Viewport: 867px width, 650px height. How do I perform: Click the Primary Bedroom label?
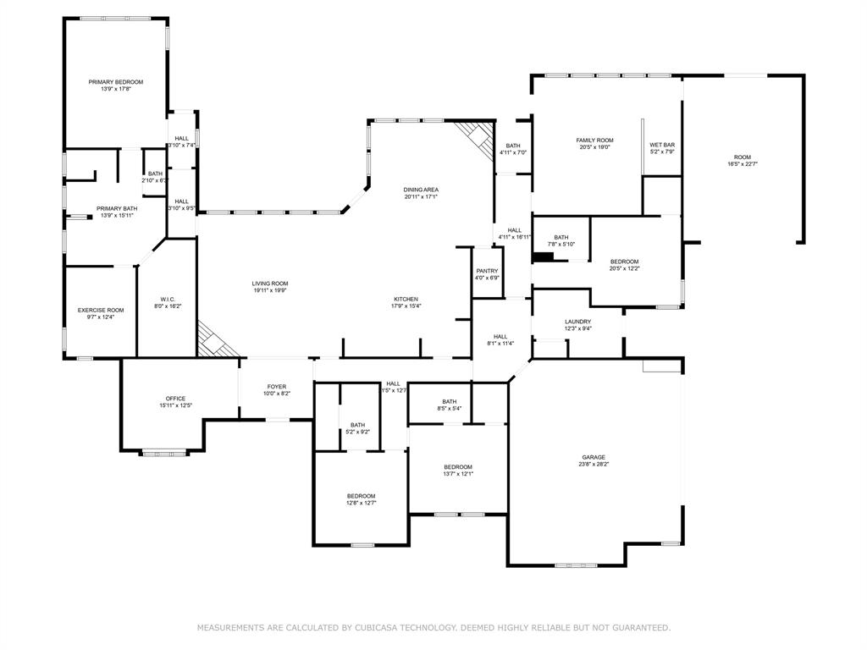[116, 82]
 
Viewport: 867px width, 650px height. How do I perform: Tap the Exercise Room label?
[101, 310]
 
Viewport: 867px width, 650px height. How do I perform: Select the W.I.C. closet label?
[167, 299]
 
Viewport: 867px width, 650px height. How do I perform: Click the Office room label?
[175, 399]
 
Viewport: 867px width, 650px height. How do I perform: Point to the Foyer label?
[277, 387]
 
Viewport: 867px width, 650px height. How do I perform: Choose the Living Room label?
[269, 284]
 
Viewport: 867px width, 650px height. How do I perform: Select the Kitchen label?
[406, 299]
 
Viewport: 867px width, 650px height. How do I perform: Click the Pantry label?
[487, 271]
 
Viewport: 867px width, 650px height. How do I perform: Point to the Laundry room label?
[577, 322]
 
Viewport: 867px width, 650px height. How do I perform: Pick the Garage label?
[593, 457]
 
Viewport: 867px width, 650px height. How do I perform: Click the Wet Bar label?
[662, 145]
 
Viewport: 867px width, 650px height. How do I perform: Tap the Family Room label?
[594, 140]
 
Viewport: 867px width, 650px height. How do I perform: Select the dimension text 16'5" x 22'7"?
[742, 164]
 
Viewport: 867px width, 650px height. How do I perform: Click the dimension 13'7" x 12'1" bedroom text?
[458, 474]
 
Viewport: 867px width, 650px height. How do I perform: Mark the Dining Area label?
[421, 190]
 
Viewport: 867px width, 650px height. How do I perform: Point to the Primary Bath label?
[117, 208]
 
